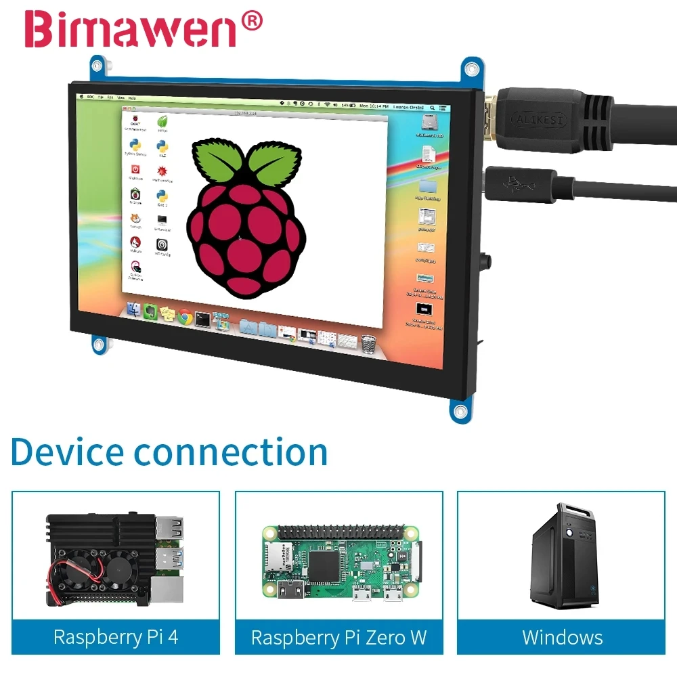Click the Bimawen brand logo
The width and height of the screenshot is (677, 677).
pyautogui.click(x=133, y=29)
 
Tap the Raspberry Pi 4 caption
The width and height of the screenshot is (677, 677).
pyautogui.click(x=116, y=637)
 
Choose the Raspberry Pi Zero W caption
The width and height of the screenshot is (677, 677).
pyautogui.click(x=338, y=637)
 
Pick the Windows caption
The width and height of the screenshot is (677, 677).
pyautogui.click(x=562, y=637)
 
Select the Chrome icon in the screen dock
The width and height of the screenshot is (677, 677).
pyautogui.click(x=185, y=316)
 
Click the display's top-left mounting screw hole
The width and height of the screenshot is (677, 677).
pyautogui.click(x=97, y=66)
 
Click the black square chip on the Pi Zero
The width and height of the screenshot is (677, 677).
pyautogui.click(x=326, y=561)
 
